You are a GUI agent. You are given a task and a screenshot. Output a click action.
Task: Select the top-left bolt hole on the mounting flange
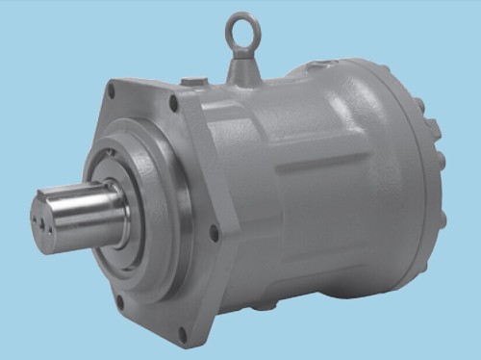113,91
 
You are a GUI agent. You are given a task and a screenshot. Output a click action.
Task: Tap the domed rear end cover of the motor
404,164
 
